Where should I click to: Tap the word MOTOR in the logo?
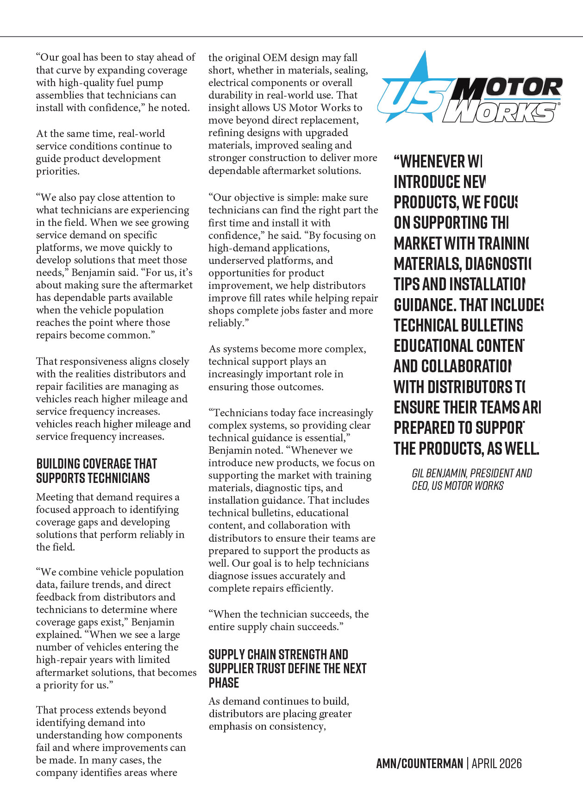pyautogui.click(x=509, y=88)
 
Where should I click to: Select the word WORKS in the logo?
pyautogui.click(x=500, y=113)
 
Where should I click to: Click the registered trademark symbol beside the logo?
pyautogui.click(x=559, y=105)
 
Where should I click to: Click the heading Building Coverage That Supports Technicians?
pyautogui.click(x=96, y=471)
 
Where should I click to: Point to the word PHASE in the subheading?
pyautogui.click(x=224, y=683)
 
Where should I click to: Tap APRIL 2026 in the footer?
pyautogui.click(x=496, y=763)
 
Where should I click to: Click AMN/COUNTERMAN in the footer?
pyautogui.click(x=420, y=763)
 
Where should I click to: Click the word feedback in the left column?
pyautogui.click(x=55, y=597)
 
